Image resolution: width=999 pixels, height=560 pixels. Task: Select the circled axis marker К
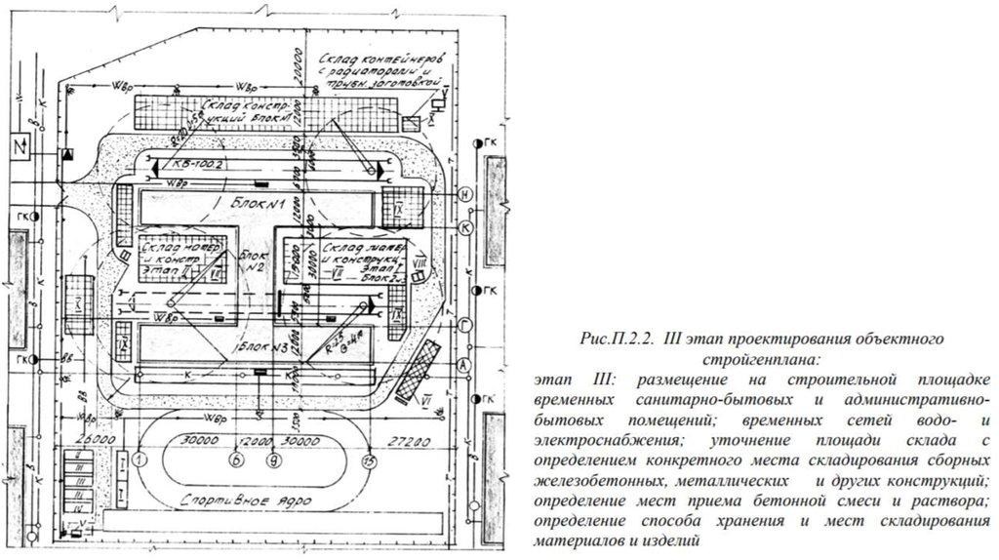click(x=466, y=225)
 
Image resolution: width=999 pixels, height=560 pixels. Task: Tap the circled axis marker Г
click(x=466, y=324)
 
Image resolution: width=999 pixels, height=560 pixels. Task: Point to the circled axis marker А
click(x=466, y=363)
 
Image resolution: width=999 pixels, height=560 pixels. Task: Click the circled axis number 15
click(x=368, y=460)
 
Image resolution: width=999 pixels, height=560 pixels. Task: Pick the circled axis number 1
click(x=140, y=459)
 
